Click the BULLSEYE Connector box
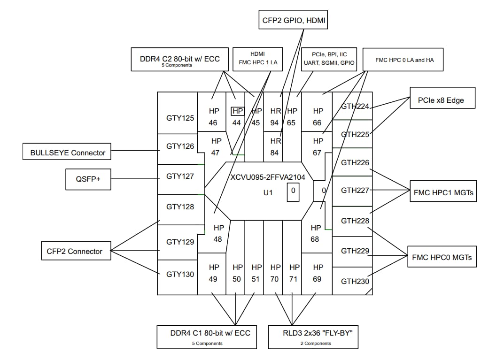tap(68, 153)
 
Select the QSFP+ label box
tap(88, 179)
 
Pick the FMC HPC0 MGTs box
tap(442, 257)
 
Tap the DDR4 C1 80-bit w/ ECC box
tap(207, 337)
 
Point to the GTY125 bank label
tap(180, 118)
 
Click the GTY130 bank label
tap(180, 274)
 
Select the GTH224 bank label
tap(355, 106)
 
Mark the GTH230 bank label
tap(355, 282)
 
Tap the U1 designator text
tap(268, 192)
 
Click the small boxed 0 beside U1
tap(293, 191)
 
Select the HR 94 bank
tap(275, 117)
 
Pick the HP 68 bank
tap(316, 233)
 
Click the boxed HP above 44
tap(238, 111)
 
